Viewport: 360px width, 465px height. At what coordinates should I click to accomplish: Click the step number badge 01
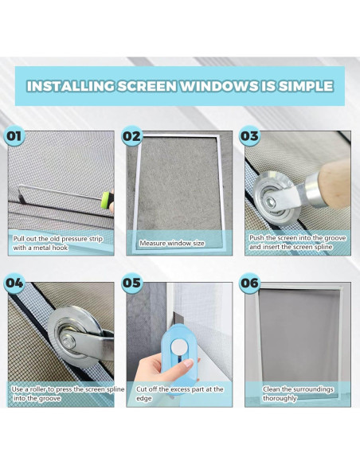coord(14,136)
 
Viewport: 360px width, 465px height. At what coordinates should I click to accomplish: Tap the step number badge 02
coord(131,136)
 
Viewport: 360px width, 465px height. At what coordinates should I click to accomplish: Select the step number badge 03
coord(249,136)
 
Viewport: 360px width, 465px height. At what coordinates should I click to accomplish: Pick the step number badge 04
coord(14,283)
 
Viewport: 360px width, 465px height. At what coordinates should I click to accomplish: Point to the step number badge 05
coord(131,283)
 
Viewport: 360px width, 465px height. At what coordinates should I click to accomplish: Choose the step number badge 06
coord(249,283)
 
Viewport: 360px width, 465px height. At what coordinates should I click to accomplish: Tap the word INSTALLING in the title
coord(70,86)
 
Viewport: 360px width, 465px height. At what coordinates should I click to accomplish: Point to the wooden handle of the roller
coord(335,183)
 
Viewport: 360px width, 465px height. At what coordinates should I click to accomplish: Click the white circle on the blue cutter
coord(178,346)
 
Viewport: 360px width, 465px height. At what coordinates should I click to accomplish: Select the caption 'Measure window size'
coord(172,244)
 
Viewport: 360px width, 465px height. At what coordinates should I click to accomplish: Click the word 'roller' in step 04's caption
coord(37,389)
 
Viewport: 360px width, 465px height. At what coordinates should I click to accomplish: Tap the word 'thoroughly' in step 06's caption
coord(280,398)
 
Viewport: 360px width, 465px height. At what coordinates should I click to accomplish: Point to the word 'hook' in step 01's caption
coord(61,248)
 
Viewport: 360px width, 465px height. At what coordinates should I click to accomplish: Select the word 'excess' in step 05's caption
coord(181,389)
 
